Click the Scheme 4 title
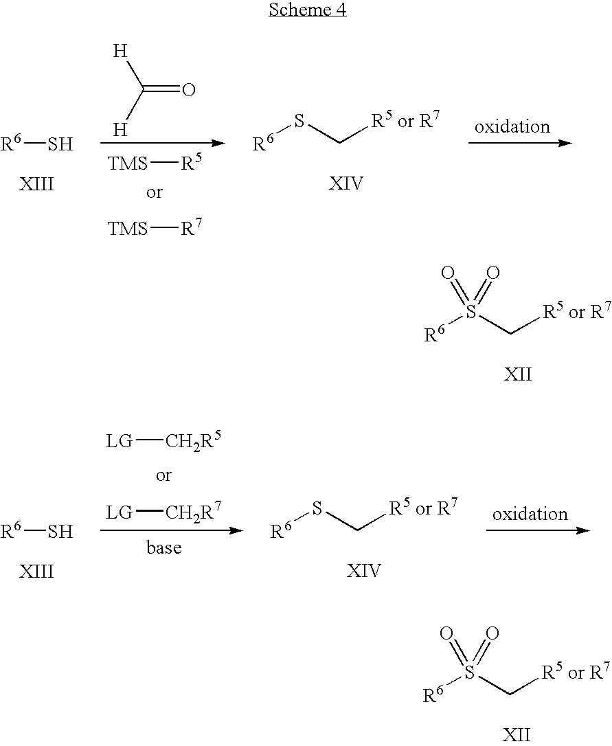pyautogui.click(x=308, y=10)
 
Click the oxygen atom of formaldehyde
pyautogui.click(x=189, y=89)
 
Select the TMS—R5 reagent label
pyautogui.click(x=155, y=163)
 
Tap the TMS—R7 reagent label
pyautogui.click(x=155, y=228)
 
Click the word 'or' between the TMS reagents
pyautogui.click(x=154, y=193)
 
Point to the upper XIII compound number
pyautogui.click(x=36, y=183)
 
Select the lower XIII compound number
pyautogui.click(x=36, y=570)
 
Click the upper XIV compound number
pyautogui.click(x=346, y=183)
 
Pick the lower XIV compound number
pyautogui.click(x=364, y=570)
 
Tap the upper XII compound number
pyautogui.click(x=518, y=374)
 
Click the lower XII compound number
pyautogui.click(x=517, y=734)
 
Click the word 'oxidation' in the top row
pyautogui.click(x=512, y=126)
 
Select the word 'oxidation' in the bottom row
pyautogui.click(x=530, y=514)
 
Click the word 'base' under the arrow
pyautogui.click(x=164, y=547)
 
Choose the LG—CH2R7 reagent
pyautogui.click(x=163, y=512)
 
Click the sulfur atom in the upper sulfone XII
pyautogui.click(x=471, y=312)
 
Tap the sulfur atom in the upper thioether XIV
pyautogui.click(x=299, y=121)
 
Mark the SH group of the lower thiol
pyautogui.click(x=60, y=531)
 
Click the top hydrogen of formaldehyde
pyautogui.click(x=120, y=52)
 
